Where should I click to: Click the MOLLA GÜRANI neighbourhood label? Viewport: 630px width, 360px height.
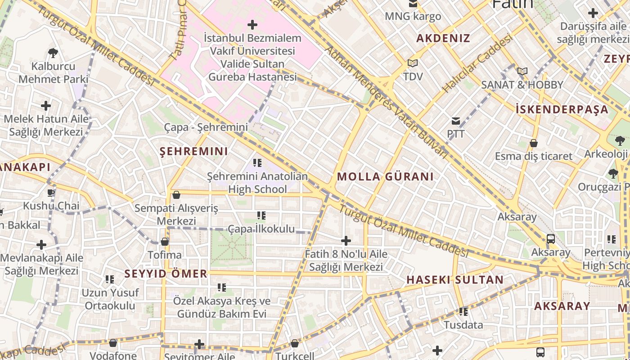(385, 176)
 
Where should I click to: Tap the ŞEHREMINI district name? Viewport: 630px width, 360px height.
(194, 151)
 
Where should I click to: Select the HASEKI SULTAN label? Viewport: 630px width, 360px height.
(455, 279)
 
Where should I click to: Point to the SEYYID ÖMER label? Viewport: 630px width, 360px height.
(166, 274)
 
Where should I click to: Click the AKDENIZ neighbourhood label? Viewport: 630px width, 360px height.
(443, 38)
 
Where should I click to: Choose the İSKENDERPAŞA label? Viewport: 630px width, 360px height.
(568, 109)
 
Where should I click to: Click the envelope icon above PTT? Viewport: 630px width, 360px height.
(456, 121)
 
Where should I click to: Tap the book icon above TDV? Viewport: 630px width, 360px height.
(412, 63)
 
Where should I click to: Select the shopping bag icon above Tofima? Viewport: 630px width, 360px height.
(165, 242)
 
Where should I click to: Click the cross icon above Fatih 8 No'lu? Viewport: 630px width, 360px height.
(346, 241)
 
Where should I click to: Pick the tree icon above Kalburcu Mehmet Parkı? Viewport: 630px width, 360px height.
(53, 53)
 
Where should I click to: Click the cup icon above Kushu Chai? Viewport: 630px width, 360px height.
(51, 193)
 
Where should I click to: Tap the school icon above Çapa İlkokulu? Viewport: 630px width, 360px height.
(261, 216)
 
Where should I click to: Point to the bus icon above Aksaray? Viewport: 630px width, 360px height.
(550, 238)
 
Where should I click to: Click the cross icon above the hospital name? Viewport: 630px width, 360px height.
(252, 24)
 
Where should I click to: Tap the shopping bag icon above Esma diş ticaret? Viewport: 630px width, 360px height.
(533, 143)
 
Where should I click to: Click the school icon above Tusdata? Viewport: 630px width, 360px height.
(463, 311)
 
